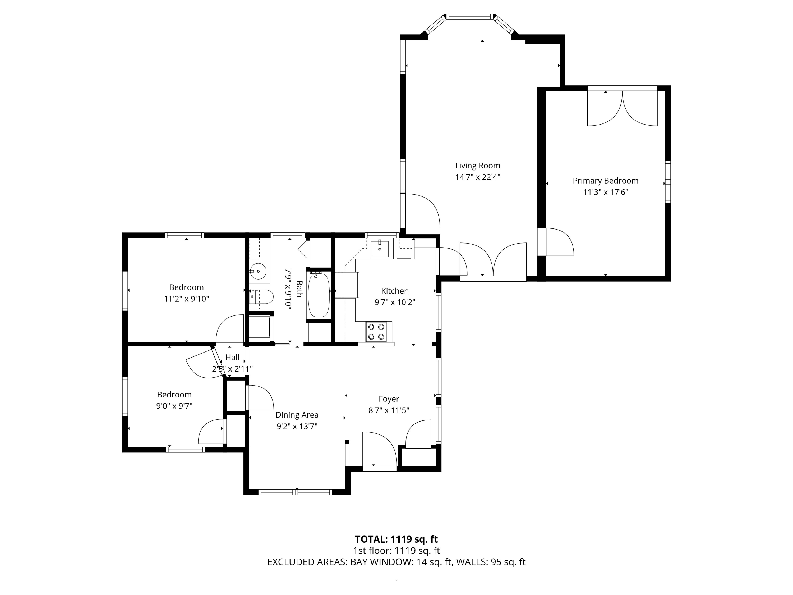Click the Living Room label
(x=478, y=166)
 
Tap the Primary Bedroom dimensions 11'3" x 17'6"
(x=606, y=192)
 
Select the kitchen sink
(x=379, y=249)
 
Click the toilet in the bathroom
(x=262, y=297)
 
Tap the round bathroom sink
(x=258, y=272)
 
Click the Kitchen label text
(x=395, y=291)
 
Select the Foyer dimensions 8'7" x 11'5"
(x=389, y=410)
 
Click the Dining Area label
(x=297, y=415)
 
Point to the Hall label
(x=232, y=357)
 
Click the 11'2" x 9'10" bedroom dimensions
(x=186, y=299)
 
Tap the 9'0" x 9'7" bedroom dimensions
(x=174, y=406)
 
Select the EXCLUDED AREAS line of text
(x=396, y=562)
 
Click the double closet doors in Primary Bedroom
(x=622, y=108)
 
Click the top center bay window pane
(x=470, y=16)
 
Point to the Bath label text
(x=299, y=289)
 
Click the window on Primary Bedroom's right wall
(x=667, y=182)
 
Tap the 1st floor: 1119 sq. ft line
(x=396, y=551)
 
